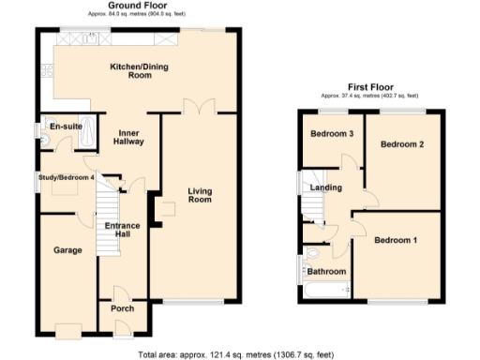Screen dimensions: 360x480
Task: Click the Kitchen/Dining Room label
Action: pos(131,71)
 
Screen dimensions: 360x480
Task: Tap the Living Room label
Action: pos(200,195)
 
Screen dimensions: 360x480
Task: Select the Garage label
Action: pos(67,250)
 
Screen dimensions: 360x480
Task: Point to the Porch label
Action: pos(122,308)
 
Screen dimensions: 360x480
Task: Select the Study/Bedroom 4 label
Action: pos(66,177)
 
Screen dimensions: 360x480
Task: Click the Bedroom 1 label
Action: pos(397,240)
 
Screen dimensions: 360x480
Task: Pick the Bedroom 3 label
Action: pos(332,134)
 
